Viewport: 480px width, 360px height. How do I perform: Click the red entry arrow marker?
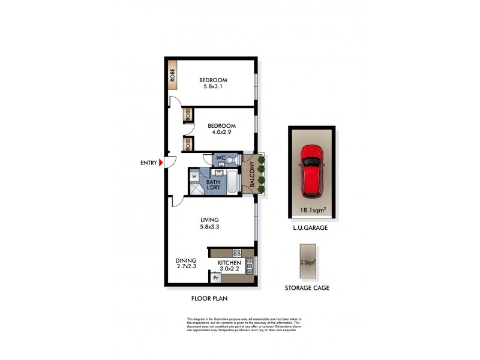(x=161, y=162)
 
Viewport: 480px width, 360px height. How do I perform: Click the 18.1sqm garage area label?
(x=312, y=210)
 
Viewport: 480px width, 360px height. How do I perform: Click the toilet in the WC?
(x=229, y=160)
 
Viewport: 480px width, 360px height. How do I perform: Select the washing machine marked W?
(x=194, y=176)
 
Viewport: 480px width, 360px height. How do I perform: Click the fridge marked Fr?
(x=215, y=278)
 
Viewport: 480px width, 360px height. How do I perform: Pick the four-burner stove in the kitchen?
(x=236, y=253)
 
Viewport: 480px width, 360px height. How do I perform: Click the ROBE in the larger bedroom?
(x=172, y=74)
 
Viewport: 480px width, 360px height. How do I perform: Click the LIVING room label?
(x=209, y=220)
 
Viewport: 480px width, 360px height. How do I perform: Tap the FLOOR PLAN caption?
(x=209, y=298)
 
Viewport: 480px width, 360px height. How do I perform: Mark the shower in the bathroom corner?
(x=196, y=189)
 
